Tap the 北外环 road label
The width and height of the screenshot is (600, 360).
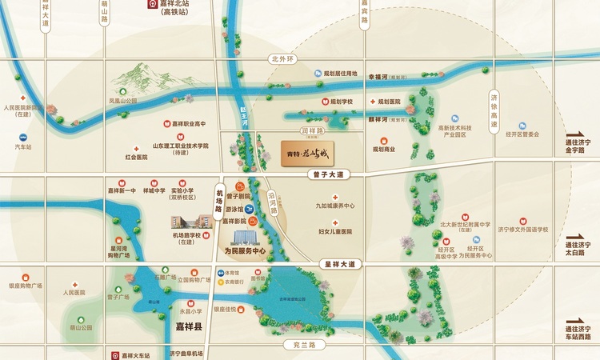click(283, 58)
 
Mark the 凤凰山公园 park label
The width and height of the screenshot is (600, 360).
click(123, 102)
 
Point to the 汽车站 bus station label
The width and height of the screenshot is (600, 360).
click(23, 146)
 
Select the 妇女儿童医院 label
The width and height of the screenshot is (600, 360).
click(335, 231)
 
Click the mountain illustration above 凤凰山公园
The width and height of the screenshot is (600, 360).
click(139, 78)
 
